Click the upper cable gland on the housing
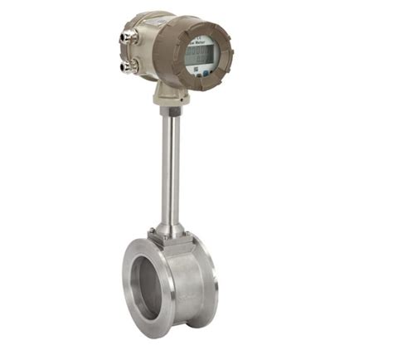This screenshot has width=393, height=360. tap(127, 38)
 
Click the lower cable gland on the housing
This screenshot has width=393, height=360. tap(127, 64)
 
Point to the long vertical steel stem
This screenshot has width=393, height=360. tap(168, 166)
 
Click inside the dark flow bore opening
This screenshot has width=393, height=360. tap(150, 282)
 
